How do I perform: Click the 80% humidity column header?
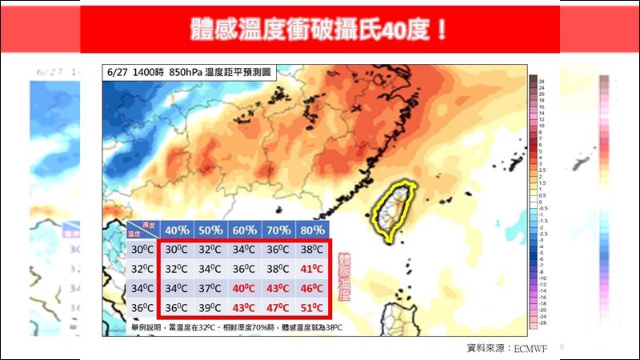(x=312, y=229)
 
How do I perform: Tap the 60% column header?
(x=244, y=229)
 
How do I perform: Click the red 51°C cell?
(x=312, y=309)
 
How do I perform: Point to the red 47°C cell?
(x=278, y=309)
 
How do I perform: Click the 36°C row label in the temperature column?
(x=141, y=309)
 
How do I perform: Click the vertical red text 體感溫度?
(x=345, y=277)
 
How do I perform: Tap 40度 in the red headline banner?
(x=404, y=30)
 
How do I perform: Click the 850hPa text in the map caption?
(x=186, y=72)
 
